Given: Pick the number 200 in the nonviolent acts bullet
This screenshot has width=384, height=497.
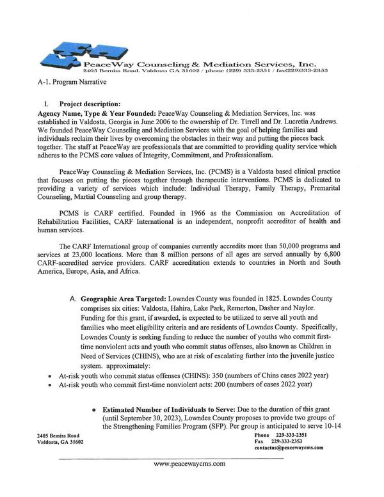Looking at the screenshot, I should [214, 385].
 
